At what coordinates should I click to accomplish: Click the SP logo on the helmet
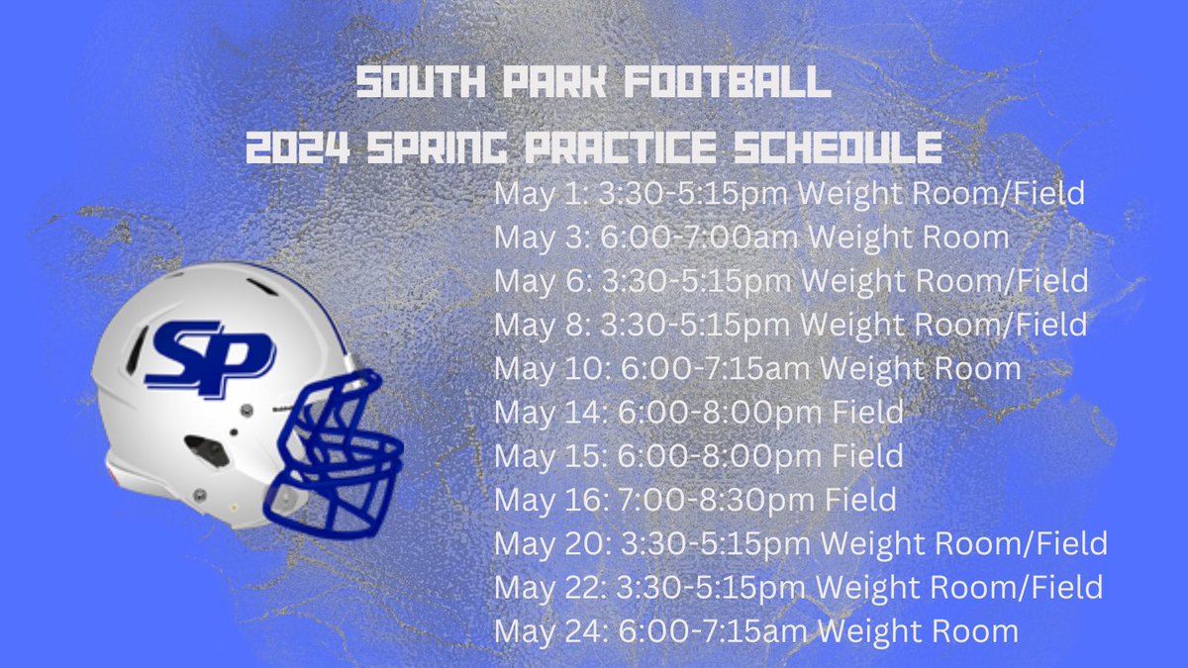click(x=209, y=356)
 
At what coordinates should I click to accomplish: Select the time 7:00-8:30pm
click(x=709, y=500)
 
